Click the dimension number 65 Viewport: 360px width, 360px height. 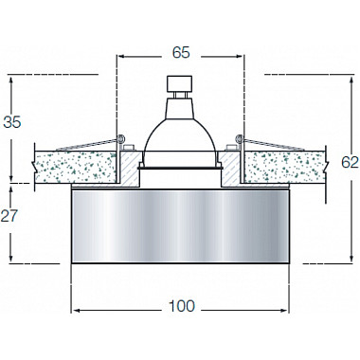pos(181,52)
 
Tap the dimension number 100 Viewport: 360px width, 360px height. pos(182,306)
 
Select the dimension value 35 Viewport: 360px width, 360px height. pos(12,122)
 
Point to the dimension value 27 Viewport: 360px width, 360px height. pos(9,216)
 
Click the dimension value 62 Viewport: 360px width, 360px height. pos(350,162)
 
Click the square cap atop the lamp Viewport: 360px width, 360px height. pos(179,83)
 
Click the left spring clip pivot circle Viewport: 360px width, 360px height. pos(120,138)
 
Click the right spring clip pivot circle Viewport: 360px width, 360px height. pos(240,138)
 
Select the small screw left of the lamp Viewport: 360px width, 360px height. pos(129,148)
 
